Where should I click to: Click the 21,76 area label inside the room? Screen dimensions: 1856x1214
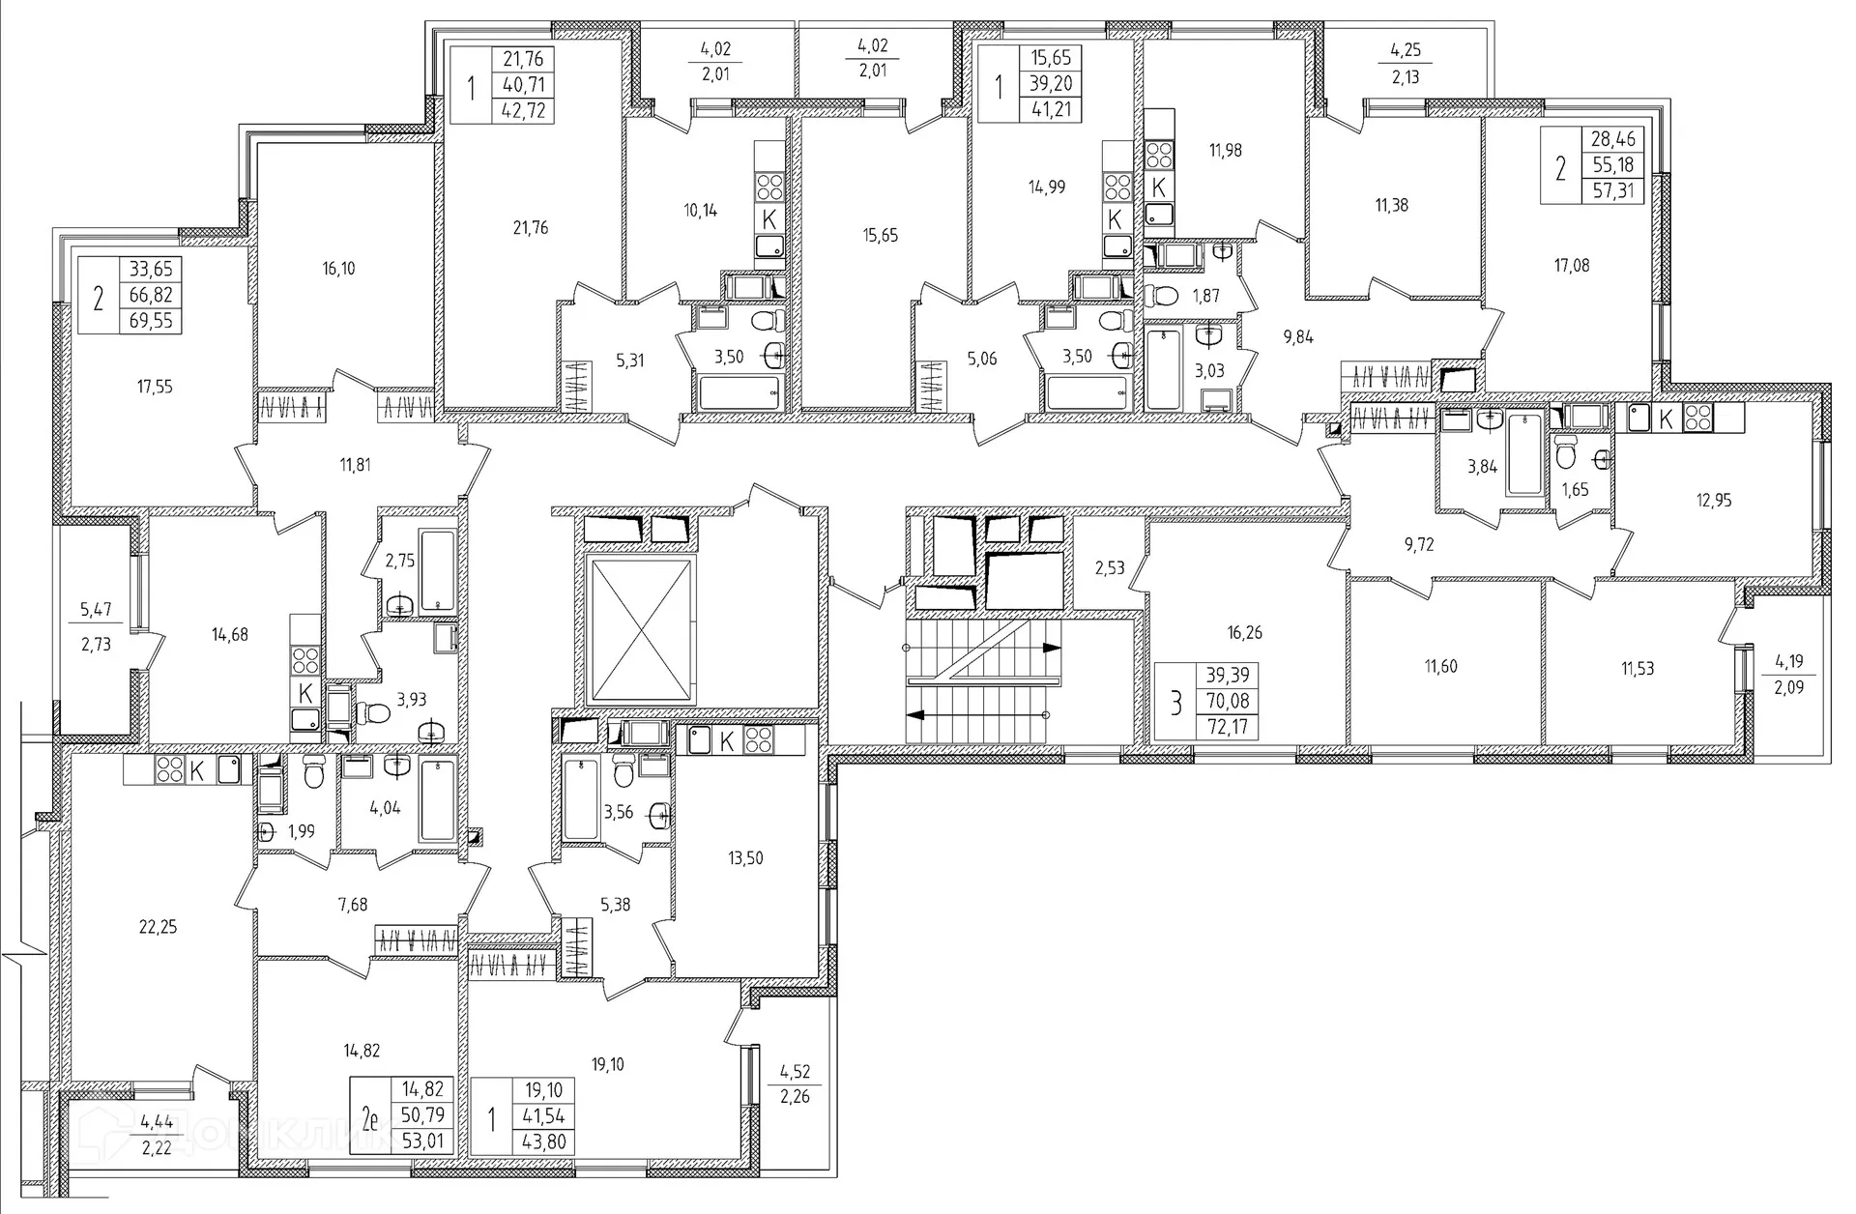[531, 228]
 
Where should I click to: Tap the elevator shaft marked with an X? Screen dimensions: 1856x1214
[640, 630]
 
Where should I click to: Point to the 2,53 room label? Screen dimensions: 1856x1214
[1110, 567]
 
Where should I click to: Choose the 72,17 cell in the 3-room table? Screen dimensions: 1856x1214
[1227, 725]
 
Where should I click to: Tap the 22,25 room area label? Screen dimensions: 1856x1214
[159, 927]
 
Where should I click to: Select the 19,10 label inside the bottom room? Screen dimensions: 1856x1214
[606, 1064]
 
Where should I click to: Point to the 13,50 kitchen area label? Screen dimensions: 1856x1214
[745, 857]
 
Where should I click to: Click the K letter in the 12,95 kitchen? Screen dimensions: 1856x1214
[1666, 419]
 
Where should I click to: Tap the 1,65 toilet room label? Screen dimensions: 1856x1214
[1575, 490]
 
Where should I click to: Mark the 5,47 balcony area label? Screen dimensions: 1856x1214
[96, 609]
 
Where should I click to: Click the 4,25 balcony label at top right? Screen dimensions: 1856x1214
[1405, 50]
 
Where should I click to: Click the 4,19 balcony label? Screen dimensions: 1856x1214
[1789, 662]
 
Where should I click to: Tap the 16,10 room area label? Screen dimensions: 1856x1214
[337, 268]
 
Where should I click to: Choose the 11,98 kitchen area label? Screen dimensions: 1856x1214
[1225, 150]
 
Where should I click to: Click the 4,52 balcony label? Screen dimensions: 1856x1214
[795, 1071]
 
